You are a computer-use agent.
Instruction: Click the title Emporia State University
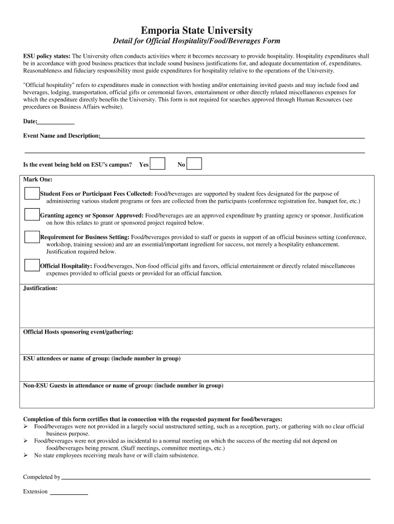tap(196, 31)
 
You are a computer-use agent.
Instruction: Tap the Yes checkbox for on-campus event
tap(158, 164)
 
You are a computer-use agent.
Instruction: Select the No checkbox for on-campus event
tap(194, 164)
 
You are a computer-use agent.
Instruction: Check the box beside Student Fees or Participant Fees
tap(32, 193)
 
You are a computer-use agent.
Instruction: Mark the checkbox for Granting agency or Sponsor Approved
tap(32, 215)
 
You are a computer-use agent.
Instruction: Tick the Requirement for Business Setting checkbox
tap(32, 236)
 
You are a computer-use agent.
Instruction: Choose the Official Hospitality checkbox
tap(32, 265)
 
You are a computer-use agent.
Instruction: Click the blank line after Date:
tap(56, 122)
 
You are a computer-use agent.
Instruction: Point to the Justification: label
tap(40, 289)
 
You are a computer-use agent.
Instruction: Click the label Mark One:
tap(38, 180)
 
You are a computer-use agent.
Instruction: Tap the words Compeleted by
tap(42, 477)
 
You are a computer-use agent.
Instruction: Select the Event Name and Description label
tap(61, 136)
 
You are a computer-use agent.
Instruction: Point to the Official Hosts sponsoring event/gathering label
tap(78, 332)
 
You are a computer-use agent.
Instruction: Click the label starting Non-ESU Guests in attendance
tap(123, 385)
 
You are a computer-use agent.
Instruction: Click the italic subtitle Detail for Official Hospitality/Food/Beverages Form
tap(196, 41)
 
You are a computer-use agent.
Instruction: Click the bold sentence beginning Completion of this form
tap(152, 419)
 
